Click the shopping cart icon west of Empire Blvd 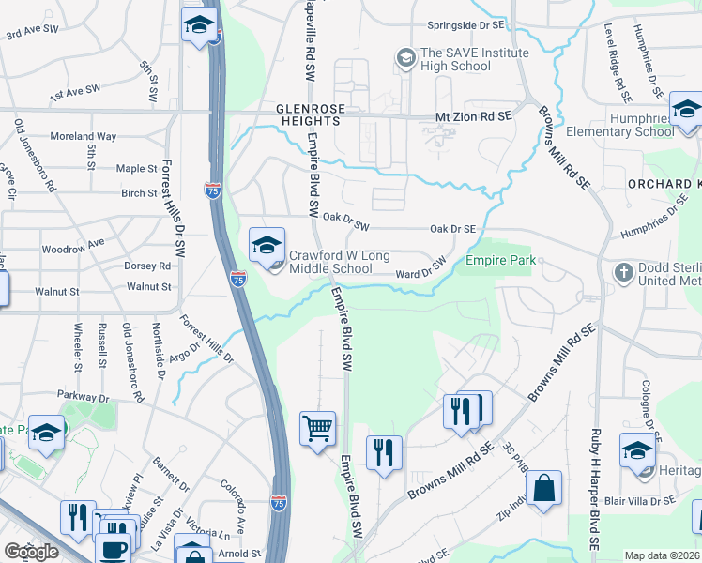click(317, 429)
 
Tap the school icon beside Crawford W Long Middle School click(267, 245)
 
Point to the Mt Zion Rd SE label click(474, 114)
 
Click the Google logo click(31, 552)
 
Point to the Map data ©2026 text click(662, 555)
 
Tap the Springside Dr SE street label click(467, 25)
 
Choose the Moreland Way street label click(84, 137)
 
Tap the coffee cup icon click(114, 548)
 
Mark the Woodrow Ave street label click(72, 251)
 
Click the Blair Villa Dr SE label click(639, 501)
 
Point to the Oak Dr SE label click(453, 228)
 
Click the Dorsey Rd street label click(147, 266)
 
